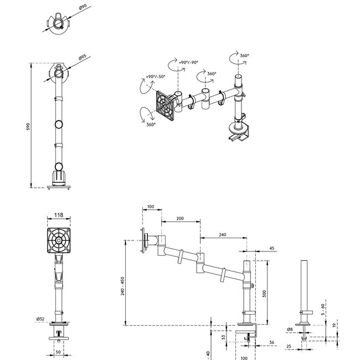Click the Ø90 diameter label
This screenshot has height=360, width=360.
pyautogui.click(x=83, y=7)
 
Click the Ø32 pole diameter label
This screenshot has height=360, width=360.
pyautogui.click(x=40, y=319)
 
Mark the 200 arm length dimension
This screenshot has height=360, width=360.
pyautogui.click(x=180, y=219)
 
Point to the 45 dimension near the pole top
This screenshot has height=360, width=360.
pyautogui.click(x=271, y=248)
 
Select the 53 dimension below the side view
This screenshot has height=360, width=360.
pyautogui.click(x=224, y=336)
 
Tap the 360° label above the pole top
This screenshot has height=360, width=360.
pyautogui.click(x=244, y=56)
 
